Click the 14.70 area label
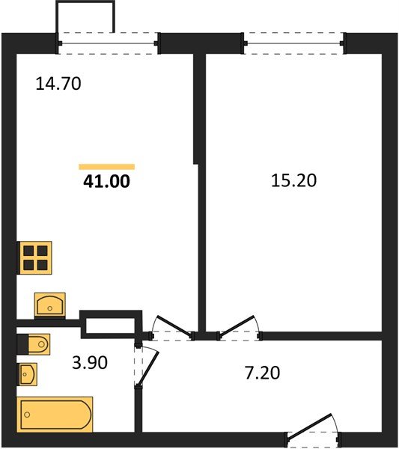click(x=58, y=84)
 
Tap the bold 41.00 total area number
click(x=106, y=181)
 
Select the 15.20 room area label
click(x=293, y=180)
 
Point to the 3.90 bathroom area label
click(x=90, y=362)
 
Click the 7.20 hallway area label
click(x=263, y=373)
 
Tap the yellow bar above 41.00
click(x=107, y=167)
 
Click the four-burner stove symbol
click(x=34, y=257)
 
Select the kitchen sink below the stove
click(x=50, y=305)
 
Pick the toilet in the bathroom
click(x=34, y=343)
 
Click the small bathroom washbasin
click(x=28, y=374)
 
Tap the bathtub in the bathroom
click(x=55, y=414)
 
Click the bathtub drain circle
click(x=28, y=415)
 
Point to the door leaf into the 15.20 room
click(x=237, y=326)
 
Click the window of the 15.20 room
click(x=294, y=43)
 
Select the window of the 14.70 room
click(x=108, y=43)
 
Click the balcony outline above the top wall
click(x=85, y=2)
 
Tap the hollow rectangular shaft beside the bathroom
click(x=111, y=325)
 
